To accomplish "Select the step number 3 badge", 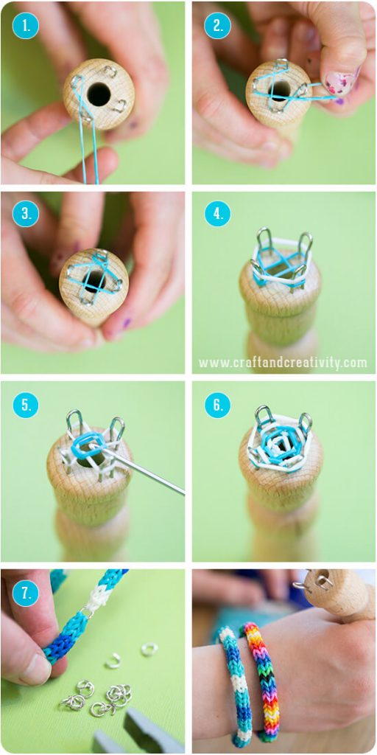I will click(26, 214).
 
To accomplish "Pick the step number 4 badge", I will click(217, 214).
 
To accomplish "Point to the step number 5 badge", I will click(26, 405).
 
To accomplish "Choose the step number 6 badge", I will click(217, 405).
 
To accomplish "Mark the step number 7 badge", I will click(26, 594).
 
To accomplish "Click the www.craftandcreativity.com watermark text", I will click(283, 363).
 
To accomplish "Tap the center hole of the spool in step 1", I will click(98, 94).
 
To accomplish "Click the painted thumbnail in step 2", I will click(340, 83).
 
